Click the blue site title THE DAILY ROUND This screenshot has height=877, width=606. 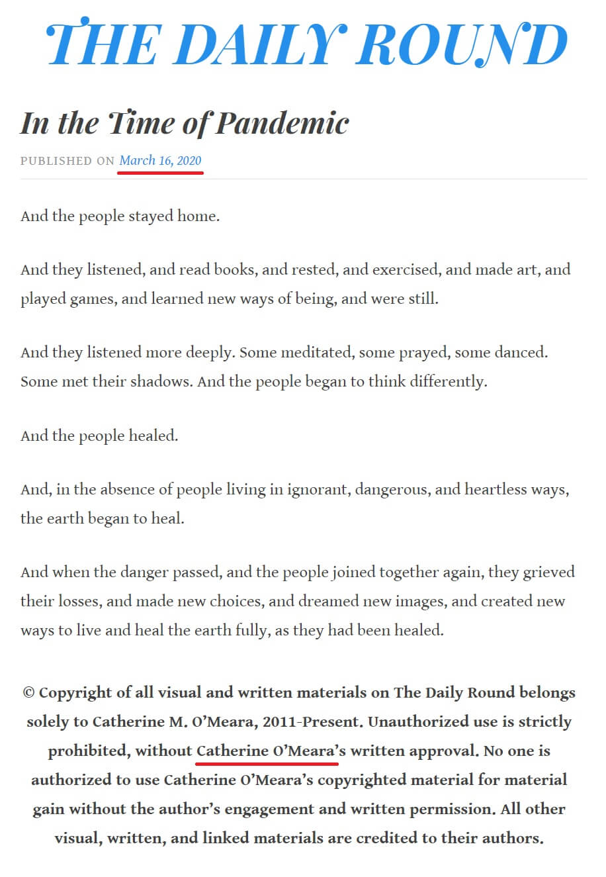click(x=307, y=44)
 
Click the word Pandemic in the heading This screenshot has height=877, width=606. click(x=282, y=123)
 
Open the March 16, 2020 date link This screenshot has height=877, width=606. click(x=160, y=160)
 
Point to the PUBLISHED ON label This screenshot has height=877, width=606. click(x=67, y=161)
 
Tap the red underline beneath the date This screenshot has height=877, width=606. click(x=160, y=172)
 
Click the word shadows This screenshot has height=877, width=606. click(x=163, y=381)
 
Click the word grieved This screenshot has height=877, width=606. click(x=548, y=572)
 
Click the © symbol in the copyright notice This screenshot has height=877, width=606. click(x=28, y=692)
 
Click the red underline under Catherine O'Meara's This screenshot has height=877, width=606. click(x=267, y=762)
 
